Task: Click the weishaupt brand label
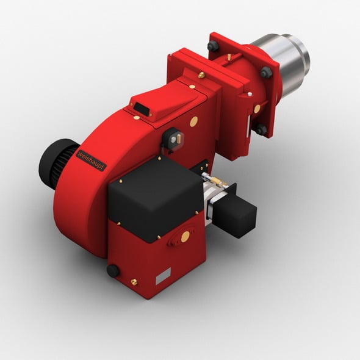pos(91,160)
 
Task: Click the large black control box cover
pos(156,198)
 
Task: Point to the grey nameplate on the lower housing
pos(164,276)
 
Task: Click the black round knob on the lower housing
pos(113,271)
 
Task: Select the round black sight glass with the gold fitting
pos(173,139)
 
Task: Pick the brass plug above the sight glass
pos(194,121)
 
